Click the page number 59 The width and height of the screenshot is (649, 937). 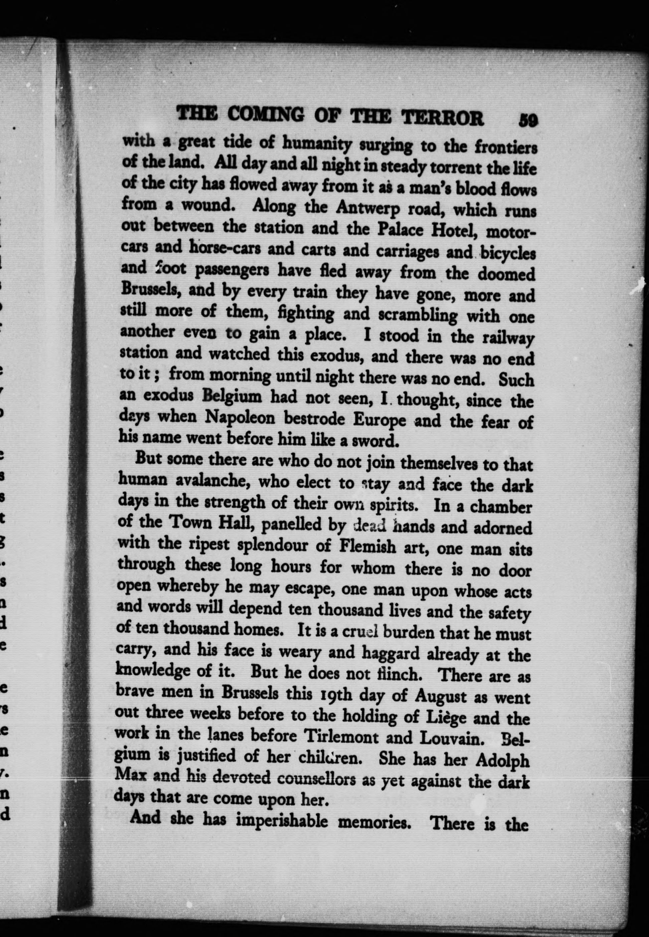point(528,121)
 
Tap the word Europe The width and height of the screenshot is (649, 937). point(379,420)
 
